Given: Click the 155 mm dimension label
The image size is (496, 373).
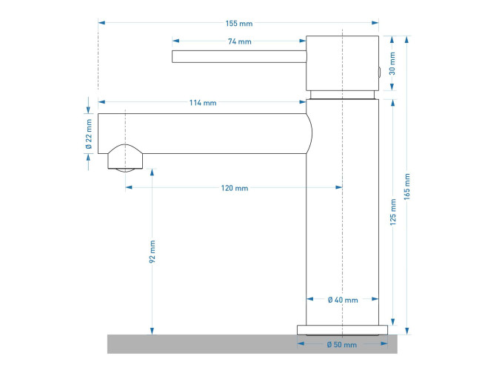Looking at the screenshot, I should click(x=238, y=23).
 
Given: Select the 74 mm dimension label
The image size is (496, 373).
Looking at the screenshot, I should click(x=239, y=42).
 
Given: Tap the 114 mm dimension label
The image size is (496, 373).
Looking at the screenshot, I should click(x=203, y=102).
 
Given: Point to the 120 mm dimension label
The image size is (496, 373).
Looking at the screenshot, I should click(x=235, y=189).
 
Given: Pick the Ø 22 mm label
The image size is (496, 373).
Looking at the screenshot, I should click(x=90, y=134).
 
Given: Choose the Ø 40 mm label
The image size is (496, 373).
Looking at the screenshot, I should click(x=343, y=300).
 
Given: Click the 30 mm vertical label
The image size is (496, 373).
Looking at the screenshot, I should click(x=393, y=64).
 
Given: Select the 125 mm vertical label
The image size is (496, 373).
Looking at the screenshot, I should click(x=393, y=212).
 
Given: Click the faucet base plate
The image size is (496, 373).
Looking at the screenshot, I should click(x=342, y=329).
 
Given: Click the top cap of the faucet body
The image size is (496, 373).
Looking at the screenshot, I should click(x=342, y=63).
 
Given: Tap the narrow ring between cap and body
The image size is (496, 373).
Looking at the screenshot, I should click(x=342, y=94).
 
